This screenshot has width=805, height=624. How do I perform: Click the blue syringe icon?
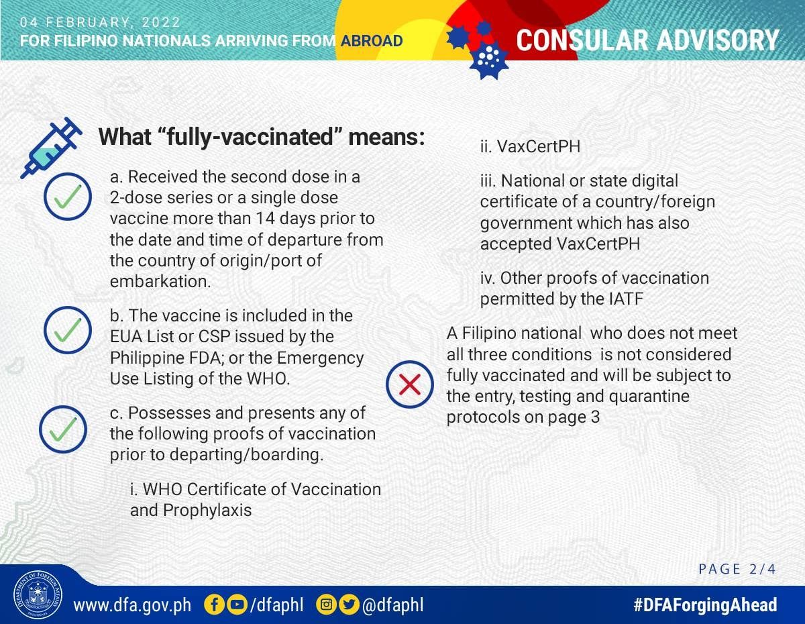tap(50, 148)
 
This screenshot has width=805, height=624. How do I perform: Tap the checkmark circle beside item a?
tap(68, 197)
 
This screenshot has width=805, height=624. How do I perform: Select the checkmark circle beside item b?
tap(68, 330)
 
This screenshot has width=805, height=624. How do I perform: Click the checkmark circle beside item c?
tap(63, 429)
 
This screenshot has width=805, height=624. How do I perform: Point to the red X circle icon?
tap(410, 384)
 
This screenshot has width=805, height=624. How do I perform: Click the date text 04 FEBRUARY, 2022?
tap(100, 22)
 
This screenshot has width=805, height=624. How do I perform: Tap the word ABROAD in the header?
tap(372, 41)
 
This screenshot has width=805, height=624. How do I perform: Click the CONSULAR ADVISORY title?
tap(647, 40)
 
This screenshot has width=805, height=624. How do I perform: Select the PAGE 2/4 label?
tap(737, 569)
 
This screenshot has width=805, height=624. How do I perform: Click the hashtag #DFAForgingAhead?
tap(705, 605)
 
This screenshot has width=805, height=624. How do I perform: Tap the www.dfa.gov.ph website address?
tap(132, 605)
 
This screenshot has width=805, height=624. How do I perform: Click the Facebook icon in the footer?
tap(214, 605)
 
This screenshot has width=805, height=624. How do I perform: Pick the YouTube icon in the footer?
tap(236, 605)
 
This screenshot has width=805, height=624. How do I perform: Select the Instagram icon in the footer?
tap(326, 605)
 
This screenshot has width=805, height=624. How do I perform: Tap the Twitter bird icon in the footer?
tap(349, 605)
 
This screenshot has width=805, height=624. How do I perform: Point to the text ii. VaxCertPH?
tap(530, 147)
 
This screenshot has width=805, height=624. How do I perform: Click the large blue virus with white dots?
tap(489, 60)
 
